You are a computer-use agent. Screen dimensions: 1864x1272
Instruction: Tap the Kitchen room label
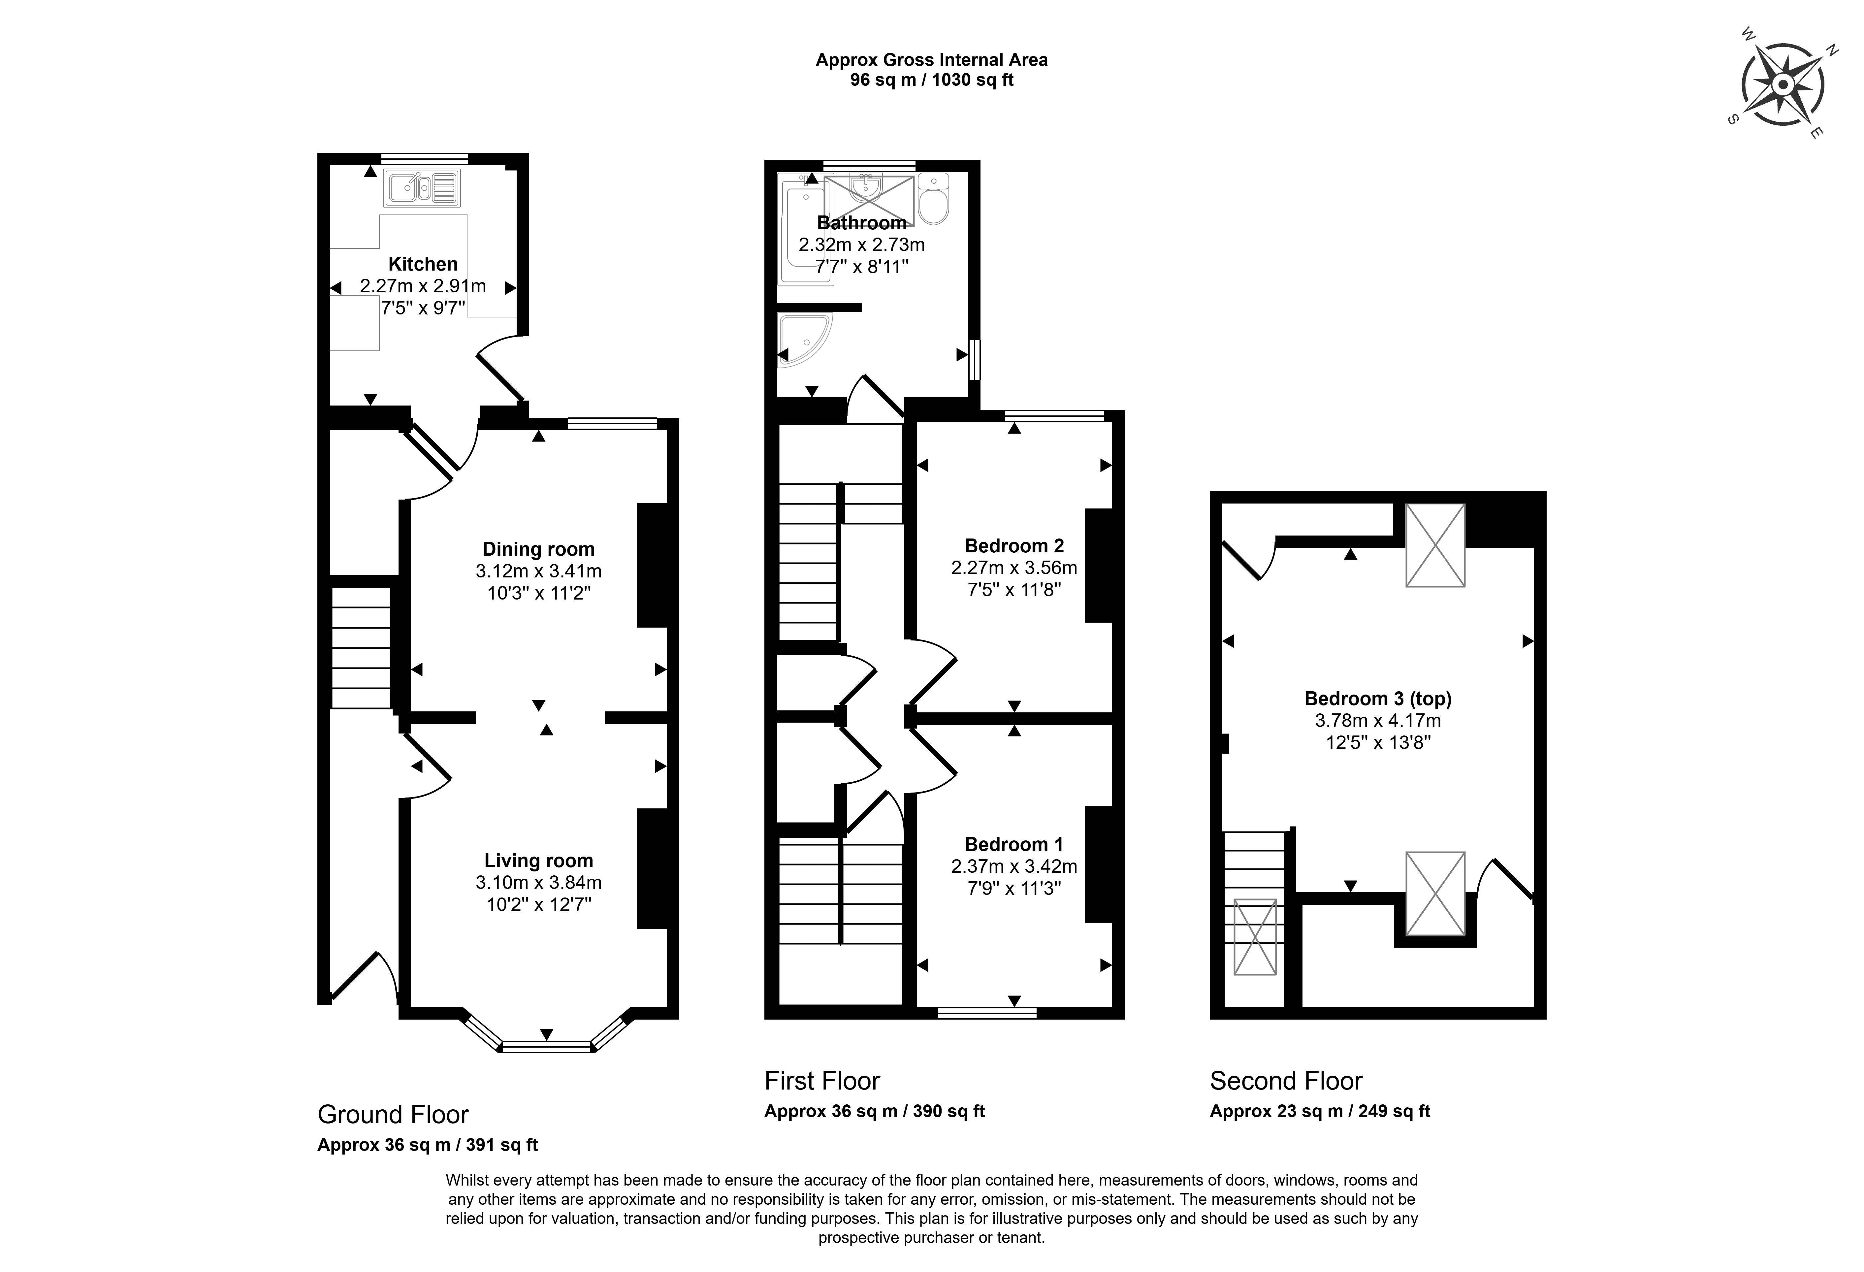[x=423, y=264]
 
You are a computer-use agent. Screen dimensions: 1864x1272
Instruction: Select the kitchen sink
[x=422, y=188]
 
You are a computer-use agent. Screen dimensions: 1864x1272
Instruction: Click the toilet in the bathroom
[x=934, y=199]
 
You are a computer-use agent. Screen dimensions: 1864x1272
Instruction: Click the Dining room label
[x=538, y=549]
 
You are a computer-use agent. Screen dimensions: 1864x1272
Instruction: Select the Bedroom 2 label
[x=1014, y=546]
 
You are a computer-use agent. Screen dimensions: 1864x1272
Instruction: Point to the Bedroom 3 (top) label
[x=1378, y=699]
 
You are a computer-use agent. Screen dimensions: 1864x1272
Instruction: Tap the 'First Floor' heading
[x=822, y=1081]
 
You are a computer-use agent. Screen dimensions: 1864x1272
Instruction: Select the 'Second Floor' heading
[x=1286, y=1081]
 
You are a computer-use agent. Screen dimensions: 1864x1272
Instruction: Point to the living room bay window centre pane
[x=546, y=1046]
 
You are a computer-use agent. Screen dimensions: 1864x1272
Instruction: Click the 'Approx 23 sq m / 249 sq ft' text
[x=1319, y=1112]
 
